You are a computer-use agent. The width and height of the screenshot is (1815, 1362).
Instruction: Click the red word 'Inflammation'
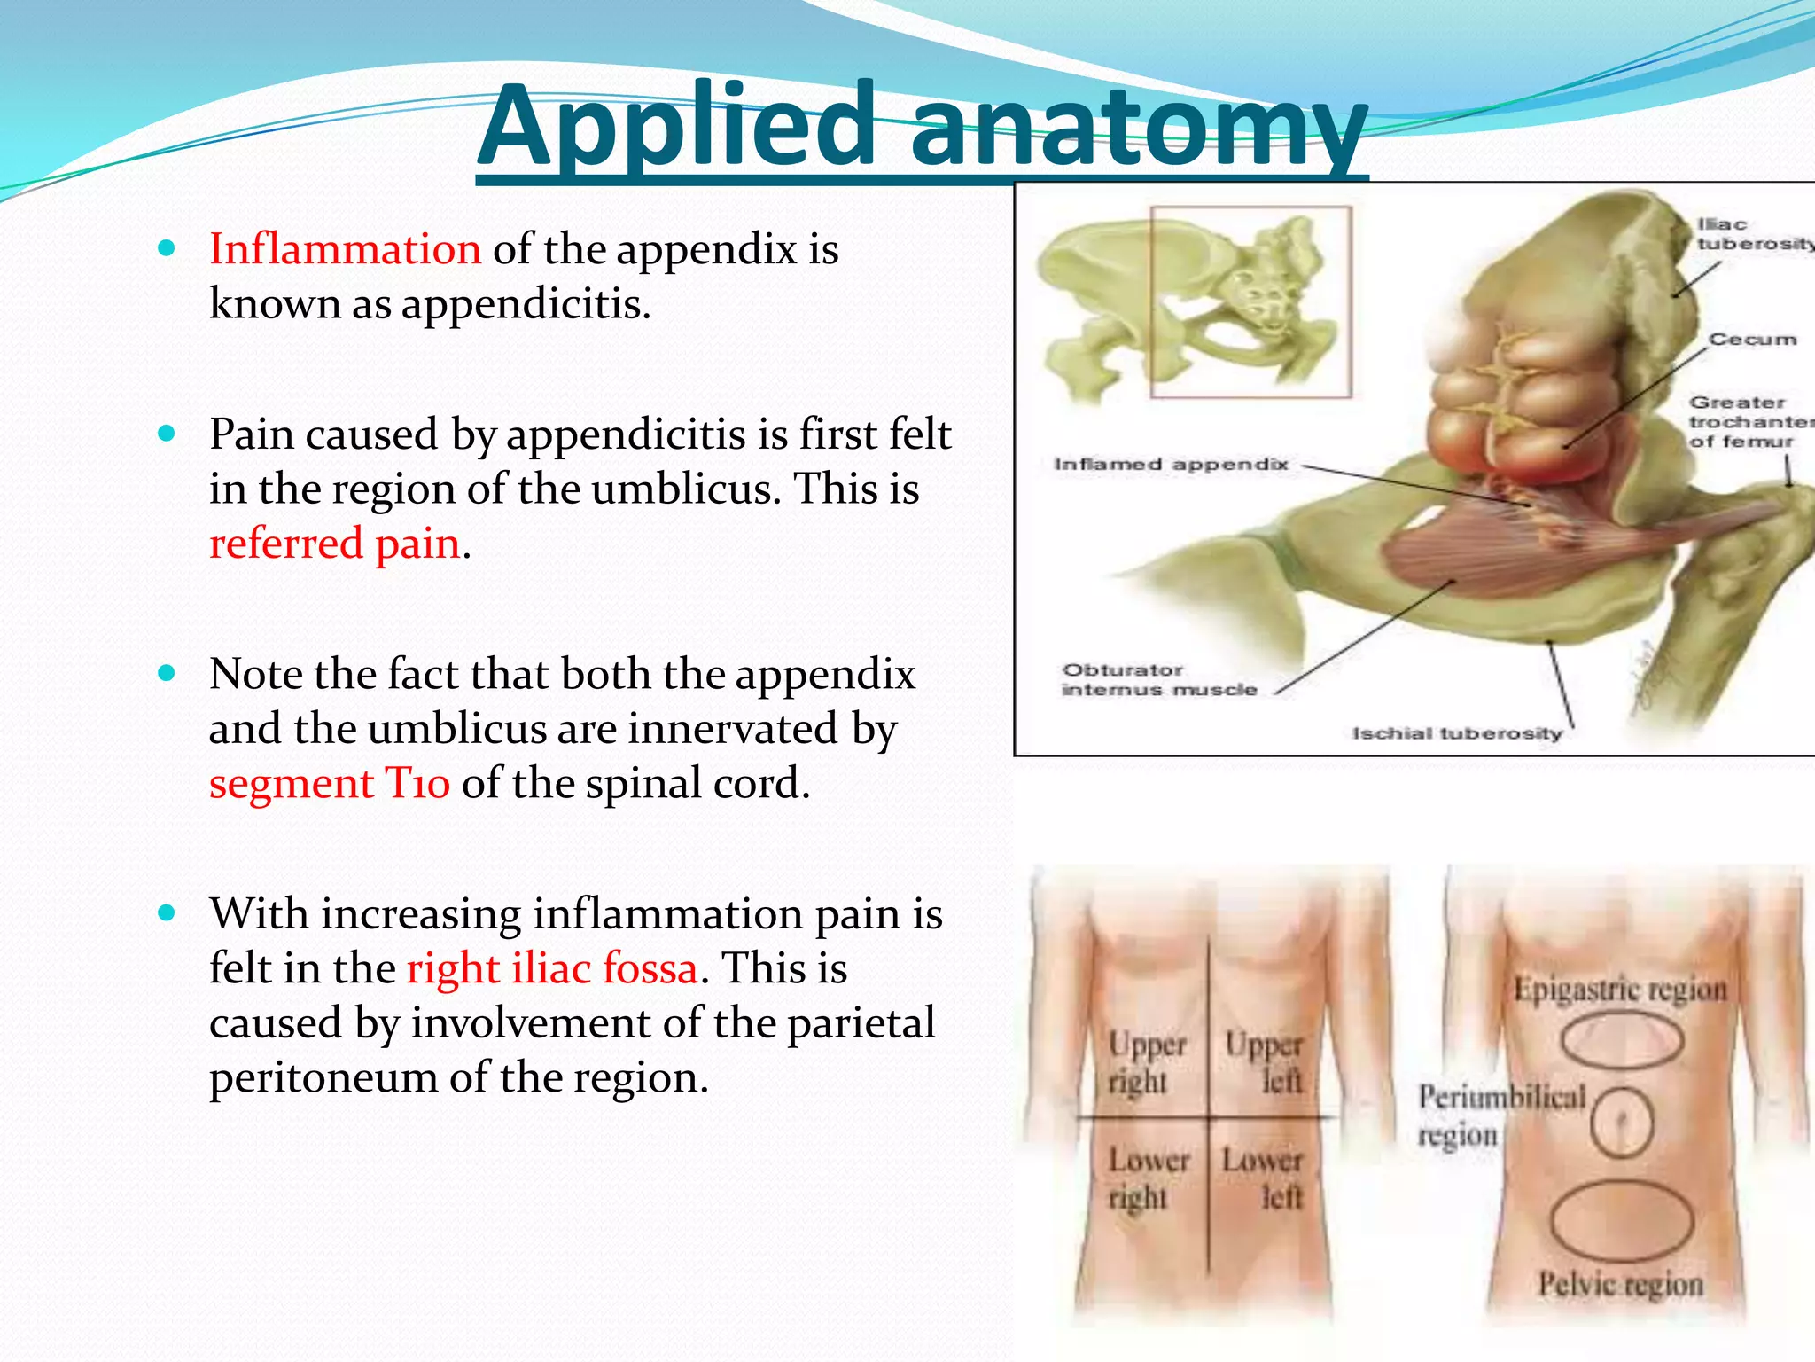click(345, 249)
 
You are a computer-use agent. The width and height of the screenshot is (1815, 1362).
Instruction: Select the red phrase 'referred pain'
click(335, 544)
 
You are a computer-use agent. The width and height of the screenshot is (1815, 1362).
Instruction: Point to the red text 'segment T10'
click(329, 784)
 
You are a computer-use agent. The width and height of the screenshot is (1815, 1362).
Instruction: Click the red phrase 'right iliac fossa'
click(552, 968)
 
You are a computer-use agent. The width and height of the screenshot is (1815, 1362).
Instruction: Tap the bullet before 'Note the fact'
click(166, 674)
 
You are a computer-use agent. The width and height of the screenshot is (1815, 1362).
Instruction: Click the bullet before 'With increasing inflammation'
click(166, 913)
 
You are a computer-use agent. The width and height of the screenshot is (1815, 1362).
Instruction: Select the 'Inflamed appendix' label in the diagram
click(1170, 465)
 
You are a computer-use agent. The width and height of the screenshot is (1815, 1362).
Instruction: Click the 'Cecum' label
click(1752, 340)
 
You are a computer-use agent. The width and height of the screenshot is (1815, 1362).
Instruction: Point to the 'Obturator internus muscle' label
click(1158, 680)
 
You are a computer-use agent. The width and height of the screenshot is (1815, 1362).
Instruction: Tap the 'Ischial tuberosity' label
click(1456, 734)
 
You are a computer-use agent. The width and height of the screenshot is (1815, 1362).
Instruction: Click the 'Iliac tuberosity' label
click(1750, 234)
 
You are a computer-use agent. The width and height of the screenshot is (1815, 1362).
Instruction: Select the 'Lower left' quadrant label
click(1264, 1178)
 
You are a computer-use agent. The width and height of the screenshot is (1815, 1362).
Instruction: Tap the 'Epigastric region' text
click(1620, 989)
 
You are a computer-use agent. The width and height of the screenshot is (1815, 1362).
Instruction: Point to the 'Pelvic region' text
click(1620, 1284)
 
